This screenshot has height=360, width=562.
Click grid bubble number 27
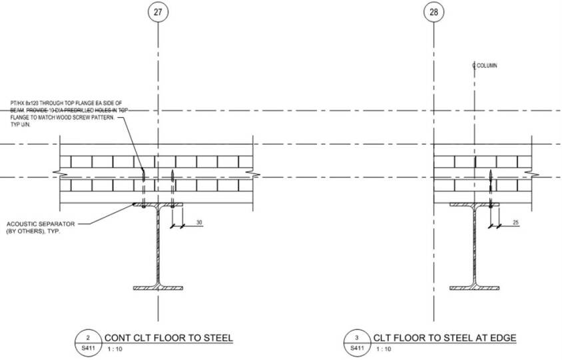pos(157,12)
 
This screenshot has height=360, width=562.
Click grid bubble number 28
pos(435,12)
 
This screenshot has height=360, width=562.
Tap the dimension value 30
pos(200,222)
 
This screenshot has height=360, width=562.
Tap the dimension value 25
pos(517,222)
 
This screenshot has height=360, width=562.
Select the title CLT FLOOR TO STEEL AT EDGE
pos(445,338)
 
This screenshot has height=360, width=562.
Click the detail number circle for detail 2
pos(97,338)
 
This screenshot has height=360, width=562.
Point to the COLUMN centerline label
pos(485,66)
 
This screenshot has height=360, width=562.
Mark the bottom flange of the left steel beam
pos(157,288)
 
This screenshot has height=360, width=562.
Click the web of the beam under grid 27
pos(157,246)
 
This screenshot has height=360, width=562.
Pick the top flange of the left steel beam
pos(157,205)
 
